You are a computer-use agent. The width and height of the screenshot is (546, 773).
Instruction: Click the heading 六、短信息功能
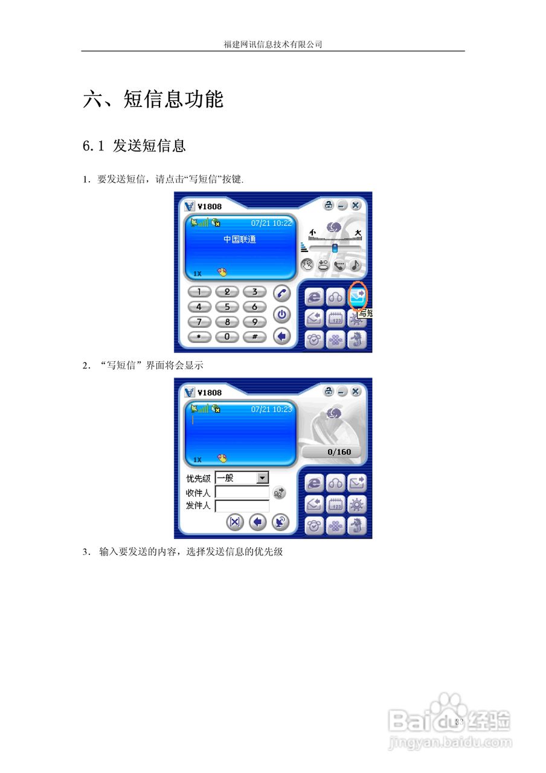coord(153,99)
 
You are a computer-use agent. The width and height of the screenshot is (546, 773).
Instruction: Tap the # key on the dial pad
coord(254,336)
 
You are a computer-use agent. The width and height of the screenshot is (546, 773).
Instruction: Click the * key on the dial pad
coord(199,336)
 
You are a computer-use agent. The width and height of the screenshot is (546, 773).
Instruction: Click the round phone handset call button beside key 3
coord(281,293)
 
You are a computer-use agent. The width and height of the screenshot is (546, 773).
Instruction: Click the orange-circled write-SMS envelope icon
coord(358,295)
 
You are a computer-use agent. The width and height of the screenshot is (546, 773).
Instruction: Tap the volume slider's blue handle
coord(335,248)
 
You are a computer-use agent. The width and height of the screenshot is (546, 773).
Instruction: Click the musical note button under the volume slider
coord(356,264)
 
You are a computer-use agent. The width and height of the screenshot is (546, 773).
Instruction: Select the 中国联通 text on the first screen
coord(240,240)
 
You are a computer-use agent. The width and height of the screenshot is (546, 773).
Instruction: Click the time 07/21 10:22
coord(271,223)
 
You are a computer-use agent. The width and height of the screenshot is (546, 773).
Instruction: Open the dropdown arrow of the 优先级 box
coord(262,478)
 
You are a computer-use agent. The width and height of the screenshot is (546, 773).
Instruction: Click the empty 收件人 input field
coord(242,493)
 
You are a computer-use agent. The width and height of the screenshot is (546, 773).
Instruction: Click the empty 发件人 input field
coord(242,506)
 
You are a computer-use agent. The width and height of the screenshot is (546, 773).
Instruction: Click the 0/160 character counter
coord(339,452)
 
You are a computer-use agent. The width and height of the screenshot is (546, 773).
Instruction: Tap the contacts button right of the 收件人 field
coord(279,493)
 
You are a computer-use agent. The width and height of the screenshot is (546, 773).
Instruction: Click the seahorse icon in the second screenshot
coord(358,525)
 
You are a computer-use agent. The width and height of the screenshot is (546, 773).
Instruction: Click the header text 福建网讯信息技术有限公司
coord(273,44)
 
